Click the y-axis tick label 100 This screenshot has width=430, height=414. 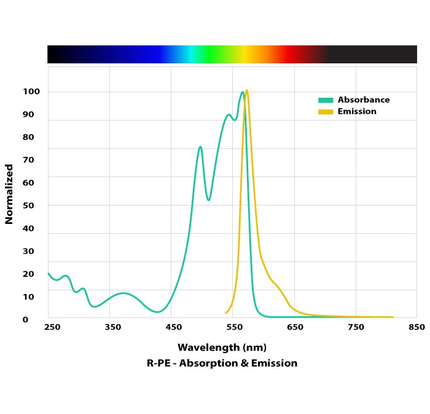(32, 92)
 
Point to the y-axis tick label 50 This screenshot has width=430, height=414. (29, 205)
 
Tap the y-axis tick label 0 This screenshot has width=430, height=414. (26, 319)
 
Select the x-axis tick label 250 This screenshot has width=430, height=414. (52, 327)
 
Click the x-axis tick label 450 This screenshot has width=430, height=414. (173, 327)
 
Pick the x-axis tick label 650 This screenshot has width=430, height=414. (295, 327)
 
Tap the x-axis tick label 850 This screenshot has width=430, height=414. (416, 327)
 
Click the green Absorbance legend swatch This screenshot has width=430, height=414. (326, 100)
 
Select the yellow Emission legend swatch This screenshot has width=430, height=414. (326, 112)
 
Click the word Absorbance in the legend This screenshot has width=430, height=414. (364, 100)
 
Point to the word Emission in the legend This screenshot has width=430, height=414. (357, 111)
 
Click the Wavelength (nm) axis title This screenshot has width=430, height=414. (222, 347)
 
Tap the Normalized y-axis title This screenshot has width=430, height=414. (9, 194)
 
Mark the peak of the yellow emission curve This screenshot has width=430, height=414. (246, 90)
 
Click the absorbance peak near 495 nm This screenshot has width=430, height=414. (200, 146)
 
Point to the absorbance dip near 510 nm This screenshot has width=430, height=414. (208, 200)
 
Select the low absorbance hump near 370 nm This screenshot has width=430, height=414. (123, 293)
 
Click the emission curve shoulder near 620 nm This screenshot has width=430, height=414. (276, 285)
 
